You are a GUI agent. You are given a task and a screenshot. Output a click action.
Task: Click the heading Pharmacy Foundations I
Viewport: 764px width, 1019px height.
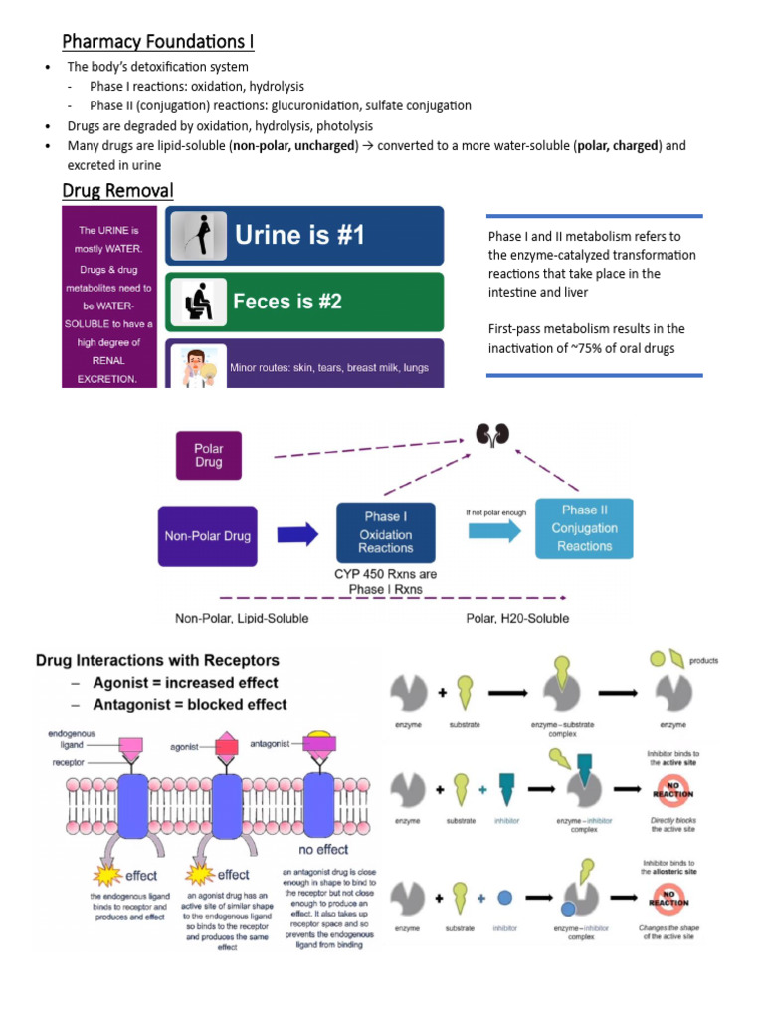pyautogui.click(x=158, y=41)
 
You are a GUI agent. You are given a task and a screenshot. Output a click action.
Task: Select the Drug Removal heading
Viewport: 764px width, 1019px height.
pyautogui.click(x=117, y=190)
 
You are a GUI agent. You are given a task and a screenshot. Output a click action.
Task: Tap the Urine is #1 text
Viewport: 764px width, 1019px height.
pyautogui.click(x=299, y=235)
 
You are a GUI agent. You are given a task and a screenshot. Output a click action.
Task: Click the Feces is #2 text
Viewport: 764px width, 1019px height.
pyautogui.click(x=287, y=301)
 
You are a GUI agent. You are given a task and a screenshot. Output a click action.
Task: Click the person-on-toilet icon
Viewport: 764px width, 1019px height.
pyautogui.click(x=194, y=300)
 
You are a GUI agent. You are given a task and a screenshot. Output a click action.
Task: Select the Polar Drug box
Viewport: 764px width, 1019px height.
pyautogui.click(x=209, y=455)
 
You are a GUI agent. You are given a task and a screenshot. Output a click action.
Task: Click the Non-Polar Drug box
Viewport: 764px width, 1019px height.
pyautogui.click(x=207, y=535)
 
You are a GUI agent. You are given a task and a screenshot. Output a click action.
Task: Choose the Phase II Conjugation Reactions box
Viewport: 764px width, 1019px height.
pyautogui.click(x=584, y=528)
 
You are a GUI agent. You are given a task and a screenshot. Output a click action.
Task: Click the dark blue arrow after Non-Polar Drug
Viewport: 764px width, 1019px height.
pyautogui.click(x=297, y=535)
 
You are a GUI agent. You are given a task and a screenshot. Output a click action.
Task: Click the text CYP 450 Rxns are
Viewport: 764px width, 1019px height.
pyautogui.click(x=386, y=574)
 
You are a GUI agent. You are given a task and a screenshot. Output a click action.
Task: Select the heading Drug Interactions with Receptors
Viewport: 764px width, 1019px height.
pyautogui.click(x=157, y=660)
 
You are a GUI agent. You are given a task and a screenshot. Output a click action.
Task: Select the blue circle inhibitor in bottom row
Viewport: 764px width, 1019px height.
pyautogui.click(x=505, y=897)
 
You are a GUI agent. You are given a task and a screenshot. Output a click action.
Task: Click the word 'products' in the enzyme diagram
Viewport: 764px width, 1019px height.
pyautogui.click(x=703, y=660)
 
